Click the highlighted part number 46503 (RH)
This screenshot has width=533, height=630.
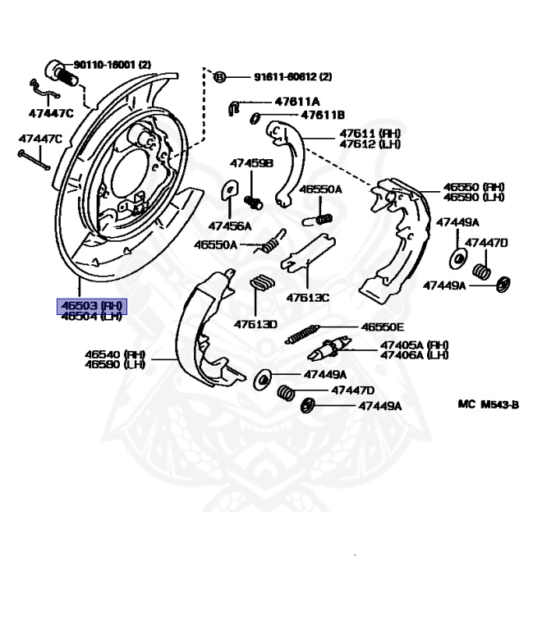[x=90, y=306]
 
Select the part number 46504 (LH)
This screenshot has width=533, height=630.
[x=90, y=316]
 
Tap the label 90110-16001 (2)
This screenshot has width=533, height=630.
[x=113, y=64]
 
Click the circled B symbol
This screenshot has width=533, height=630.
[x=219, y=77]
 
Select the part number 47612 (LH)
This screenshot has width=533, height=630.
[x=370, y=144]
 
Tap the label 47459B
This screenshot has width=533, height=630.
[x=251, y=164]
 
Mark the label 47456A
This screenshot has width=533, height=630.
[x=230, y=226]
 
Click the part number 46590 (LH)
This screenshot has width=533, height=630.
[x=474, y=198]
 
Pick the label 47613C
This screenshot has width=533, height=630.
[x=308, y=297]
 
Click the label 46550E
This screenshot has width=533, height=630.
[x=383, y=326]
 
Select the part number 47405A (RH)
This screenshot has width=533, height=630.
[x=414, y=345]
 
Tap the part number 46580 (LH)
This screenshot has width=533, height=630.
[x=116, y=365]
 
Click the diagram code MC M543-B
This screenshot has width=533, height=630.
[x=489, y=404]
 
